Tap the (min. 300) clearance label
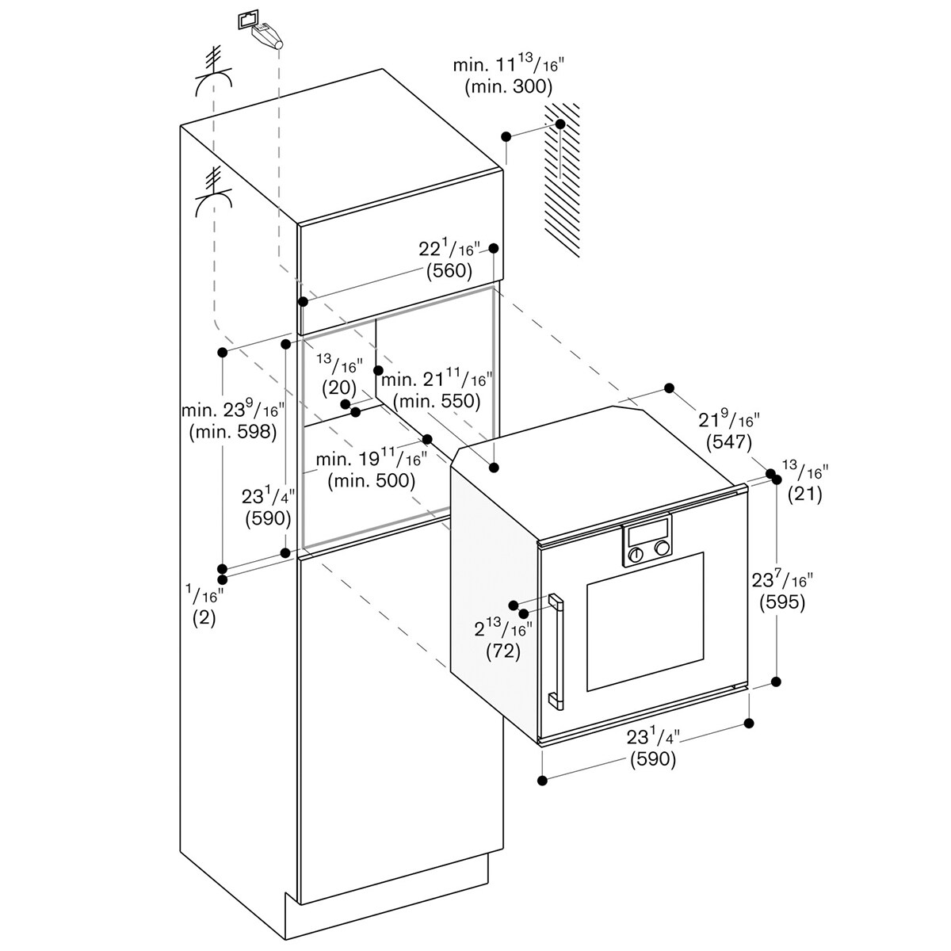click(x=508, y=87)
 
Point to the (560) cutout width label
click(x=449, y=270)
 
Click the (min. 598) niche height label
click(x=232, y=432)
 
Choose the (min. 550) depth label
click(x=437, y=401)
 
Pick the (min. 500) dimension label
click(x=372, y=480)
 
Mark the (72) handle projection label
click(x=503, y=652)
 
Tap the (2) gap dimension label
click(x=204, y=618)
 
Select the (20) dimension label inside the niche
click(x=339, y=388)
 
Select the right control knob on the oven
click(x=662, y=548)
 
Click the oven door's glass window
click(x=645, y=621)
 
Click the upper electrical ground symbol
click(x=213, y=73)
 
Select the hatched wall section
click(x=562, y=180)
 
